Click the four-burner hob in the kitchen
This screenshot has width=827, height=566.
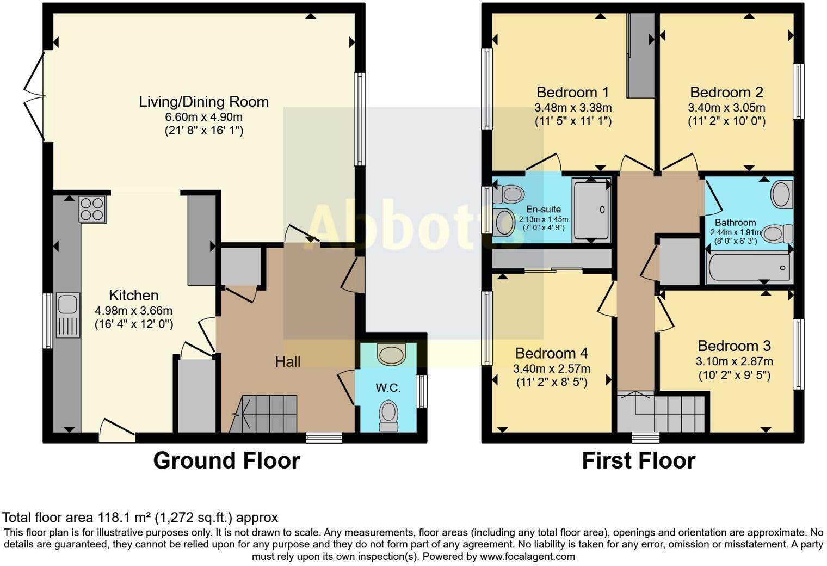[92, 209]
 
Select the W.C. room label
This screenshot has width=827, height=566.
[388, 388]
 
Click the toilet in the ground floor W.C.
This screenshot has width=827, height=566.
[388, 416]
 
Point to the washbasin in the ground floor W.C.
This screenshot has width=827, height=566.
[392, 354]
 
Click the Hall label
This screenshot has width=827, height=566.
[287, 361]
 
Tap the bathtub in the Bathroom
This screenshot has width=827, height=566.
[749, 268]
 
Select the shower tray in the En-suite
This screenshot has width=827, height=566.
[591, 210]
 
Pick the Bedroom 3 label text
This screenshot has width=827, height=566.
[734, 346]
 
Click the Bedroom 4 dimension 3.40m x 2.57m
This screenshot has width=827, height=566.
[551, 368]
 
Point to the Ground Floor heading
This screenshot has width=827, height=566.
[226, 460]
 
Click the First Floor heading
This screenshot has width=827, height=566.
[638, 460]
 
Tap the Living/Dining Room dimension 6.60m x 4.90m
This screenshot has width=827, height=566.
[203, 117]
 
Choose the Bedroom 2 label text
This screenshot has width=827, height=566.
[726, 92]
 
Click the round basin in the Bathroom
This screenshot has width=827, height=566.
[781, 194]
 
